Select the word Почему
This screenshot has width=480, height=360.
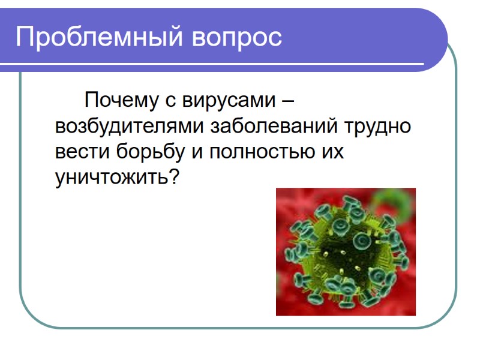122,100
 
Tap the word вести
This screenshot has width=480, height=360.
80,152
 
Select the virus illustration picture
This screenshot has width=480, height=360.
346,252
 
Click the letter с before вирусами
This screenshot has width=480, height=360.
170,101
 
